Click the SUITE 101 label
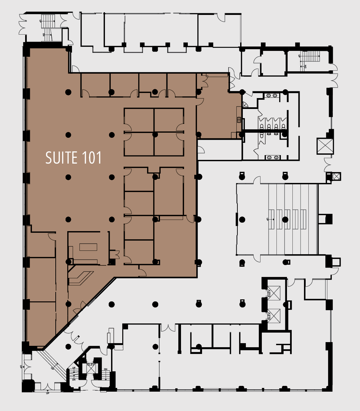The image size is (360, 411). pyautogui.click(x=74, y=158)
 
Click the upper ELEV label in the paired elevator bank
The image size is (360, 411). pyautogui.click(x=269, y=293)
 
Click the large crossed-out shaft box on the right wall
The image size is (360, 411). pyautogui.click(x=325, y=146)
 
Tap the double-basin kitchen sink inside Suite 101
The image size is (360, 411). pyautogui.click(x=239, y=119)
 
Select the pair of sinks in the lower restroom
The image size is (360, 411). pyautogui.click(x=273, y=157)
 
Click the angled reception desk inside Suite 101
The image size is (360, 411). pyautogui.click(x=81, y=277)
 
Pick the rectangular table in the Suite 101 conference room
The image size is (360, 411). pyautogui.click(x=88, y=247)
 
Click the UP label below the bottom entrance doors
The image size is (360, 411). pyautogui.click(x=48, y=393)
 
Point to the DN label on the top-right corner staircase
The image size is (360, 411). pyautogui.click(x=305, y=67)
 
